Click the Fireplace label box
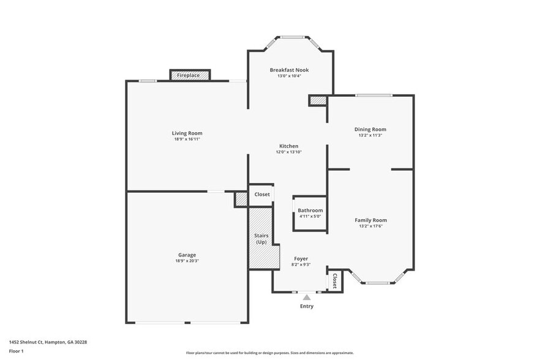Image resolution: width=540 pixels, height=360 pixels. tap(190, 75)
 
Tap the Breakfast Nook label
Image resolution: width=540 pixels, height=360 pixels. tap(289, 70)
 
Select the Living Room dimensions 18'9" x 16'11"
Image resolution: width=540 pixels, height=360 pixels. tap(187, 139)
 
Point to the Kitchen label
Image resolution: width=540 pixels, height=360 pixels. tap(289, 146)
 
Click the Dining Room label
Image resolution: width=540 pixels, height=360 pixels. tap(370, 129)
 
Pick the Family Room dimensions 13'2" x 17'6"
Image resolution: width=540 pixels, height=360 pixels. tap(370, 226)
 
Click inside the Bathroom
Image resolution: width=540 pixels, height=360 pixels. tap(309, 213)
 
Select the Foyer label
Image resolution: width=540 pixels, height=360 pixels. tap(301, 258)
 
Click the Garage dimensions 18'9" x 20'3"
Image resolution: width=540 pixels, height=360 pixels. tap(187, 261)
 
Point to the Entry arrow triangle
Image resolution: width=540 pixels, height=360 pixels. tap(306, 297)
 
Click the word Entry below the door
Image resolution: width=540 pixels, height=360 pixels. tap(306, 306)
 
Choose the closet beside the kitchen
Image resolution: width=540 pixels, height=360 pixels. tap(262, 194)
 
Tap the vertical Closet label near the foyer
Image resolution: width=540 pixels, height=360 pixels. tap(335, 281)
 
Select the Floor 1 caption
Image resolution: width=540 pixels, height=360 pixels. tap(16, 351)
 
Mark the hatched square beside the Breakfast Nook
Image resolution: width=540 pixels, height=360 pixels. tap(318, 100)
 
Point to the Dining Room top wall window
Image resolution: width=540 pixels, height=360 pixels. tap(373, 95)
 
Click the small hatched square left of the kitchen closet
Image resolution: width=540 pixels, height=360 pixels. tap(241, 198)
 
